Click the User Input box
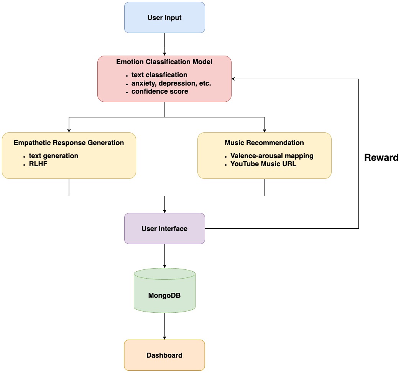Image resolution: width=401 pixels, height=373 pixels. [x=164, y=18]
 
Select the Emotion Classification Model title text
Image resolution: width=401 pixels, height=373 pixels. [x=164, y=62]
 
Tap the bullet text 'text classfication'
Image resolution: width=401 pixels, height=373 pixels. [x=159, y=75]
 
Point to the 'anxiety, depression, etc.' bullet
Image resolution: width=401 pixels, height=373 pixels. [x=171, y=83]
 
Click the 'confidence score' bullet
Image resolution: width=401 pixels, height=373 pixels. [x=159, y=92]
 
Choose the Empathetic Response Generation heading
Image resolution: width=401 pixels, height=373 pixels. [x=69, y=143]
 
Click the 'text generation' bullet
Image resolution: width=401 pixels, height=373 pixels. [x=53, y=156]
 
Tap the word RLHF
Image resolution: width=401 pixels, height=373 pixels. [x=38, y=164]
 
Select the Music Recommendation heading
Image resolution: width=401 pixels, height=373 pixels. [x=264, y=143]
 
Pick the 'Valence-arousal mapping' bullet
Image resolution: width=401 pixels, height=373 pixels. [x=272, y=156]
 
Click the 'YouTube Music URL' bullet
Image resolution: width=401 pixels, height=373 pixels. [x=264, y=164]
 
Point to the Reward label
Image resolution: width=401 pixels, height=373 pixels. [x=381, y=157]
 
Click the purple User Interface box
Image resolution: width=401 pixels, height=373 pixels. [x=164, y=229]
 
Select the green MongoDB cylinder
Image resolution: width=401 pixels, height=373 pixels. [x=164, y=295]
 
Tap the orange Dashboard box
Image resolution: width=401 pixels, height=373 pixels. [x=164, y=355]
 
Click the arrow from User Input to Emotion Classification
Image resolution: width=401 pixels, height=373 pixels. [x=164, y=44]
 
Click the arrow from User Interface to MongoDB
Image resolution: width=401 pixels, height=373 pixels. [x=164, y=256]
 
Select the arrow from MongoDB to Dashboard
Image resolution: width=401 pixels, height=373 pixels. [x=164, y=326]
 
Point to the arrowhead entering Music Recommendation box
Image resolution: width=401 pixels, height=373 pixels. [x=265, y=130]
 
